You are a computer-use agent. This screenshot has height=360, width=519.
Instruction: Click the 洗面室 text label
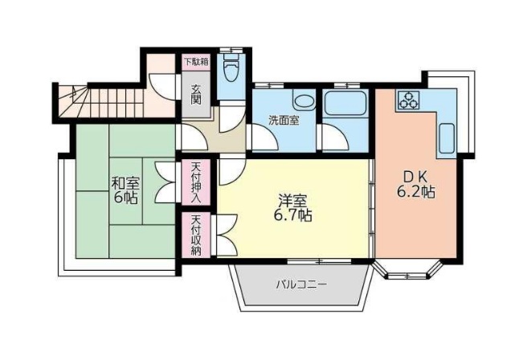tap(284, 121)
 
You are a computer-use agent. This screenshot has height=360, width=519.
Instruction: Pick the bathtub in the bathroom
tap(345, 104)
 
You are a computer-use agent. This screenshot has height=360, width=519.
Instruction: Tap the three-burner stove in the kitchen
tap(407, 100)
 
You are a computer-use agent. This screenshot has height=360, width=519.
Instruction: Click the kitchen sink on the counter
tap(447, 139)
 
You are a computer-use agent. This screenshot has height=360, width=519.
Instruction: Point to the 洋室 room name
tap(293, 199)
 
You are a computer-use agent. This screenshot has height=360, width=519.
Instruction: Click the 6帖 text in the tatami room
tap(126, 198)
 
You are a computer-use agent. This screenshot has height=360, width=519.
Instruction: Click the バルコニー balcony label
tap(301, 284)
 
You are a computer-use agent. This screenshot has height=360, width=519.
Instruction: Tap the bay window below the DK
tap(411, 271)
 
